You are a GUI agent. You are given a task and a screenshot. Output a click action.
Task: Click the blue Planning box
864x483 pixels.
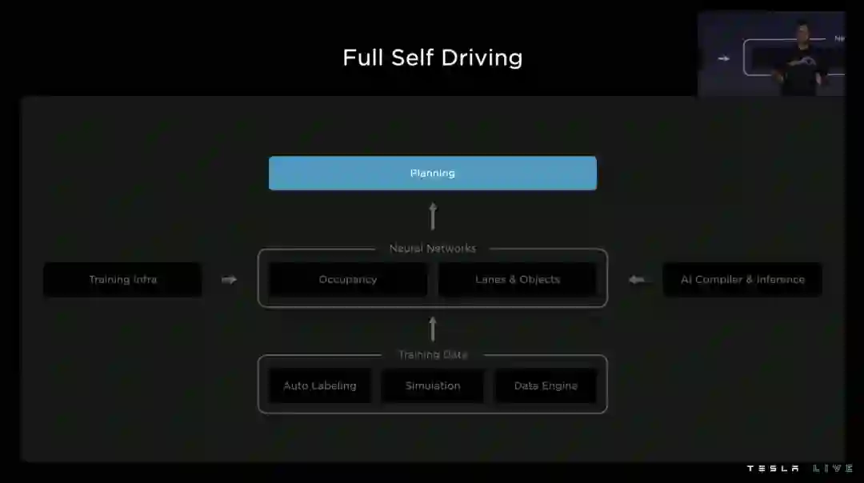[x=432, y=173]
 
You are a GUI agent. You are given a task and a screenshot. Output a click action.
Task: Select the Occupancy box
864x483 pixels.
[x=347, y=279]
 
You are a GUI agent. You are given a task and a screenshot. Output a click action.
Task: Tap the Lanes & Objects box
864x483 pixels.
[x=518, y=279]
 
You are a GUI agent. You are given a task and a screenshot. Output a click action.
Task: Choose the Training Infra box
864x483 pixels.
[x=122, y=279]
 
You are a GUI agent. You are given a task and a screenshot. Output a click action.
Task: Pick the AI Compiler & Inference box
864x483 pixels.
[x=742, y=279]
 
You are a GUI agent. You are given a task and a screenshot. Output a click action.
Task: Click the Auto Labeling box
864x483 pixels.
[x=320, y=385]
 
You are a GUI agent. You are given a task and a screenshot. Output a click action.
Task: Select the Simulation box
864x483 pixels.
[x=433, y=385]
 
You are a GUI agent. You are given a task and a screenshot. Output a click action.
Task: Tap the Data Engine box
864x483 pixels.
[x=546, y=385]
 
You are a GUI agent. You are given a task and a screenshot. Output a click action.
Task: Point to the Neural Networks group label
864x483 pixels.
[x=432, y=249]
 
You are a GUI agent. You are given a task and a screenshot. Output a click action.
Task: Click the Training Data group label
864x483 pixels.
[x=433, y=354]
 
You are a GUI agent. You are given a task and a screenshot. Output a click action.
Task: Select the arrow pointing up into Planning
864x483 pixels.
[x=433, y=216]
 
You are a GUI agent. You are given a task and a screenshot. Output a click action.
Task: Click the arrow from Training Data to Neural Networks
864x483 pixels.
[x=433, y=328]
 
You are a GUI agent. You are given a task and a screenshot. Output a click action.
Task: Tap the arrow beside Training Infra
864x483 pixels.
[x=230, y=280]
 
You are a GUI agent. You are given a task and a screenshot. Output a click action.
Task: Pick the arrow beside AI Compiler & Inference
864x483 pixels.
[x=637, y=280]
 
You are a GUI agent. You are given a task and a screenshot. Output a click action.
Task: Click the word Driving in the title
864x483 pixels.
[x=483, y=58]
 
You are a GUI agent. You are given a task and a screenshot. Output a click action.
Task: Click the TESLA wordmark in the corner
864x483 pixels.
[x=773, y=469]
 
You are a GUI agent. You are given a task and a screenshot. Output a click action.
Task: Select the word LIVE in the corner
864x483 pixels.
[x=833, y=469]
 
